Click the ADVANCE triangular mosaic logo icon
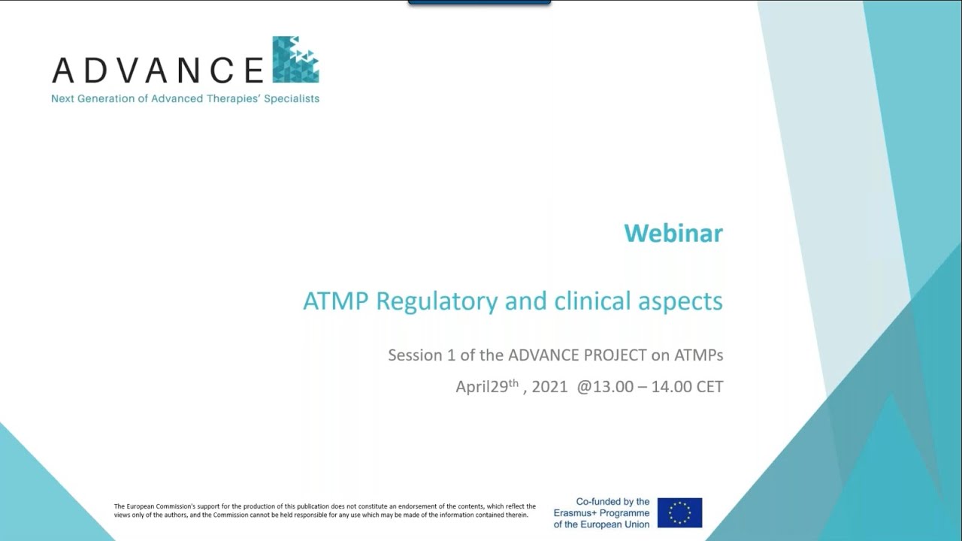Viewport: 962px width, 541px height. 295,59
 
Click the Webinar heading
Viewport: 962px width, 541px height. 673,233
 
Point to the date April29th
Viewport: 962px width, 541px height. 487,387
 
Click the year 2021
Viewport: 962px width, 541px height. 549,387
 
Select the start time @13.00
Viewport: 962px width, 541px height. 605,387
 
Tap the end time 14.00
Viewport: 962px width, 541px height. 671,387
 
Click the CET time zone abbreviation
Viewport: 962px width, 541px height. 709,387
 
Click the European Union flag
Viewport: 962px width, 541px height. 679,512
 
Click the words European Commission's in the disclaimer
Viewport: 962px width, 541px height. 157,506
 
